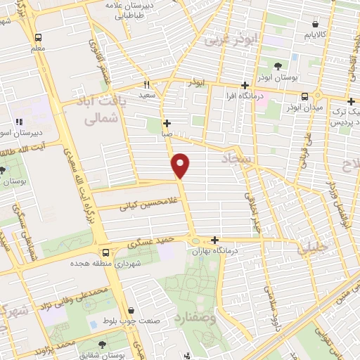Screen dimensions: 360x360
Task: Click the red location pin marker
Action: (x=181, y=165)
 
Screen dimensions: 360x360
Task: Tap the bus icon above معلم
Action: (x=37, y=37)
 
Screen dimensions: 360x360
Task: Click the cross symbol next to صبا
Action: (x=167, y=123)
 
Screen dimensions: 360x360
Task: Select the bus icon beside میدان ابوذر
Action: (x=304, y=97)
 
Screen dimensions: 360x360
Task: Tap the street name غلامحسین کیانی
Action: (x=146, y=205)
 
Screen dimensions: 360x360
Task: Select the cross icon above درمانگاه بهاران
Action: (x=214, y=240)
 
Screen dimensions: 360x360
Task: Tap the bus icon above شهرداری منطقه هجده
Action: (x=104, y=252)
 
